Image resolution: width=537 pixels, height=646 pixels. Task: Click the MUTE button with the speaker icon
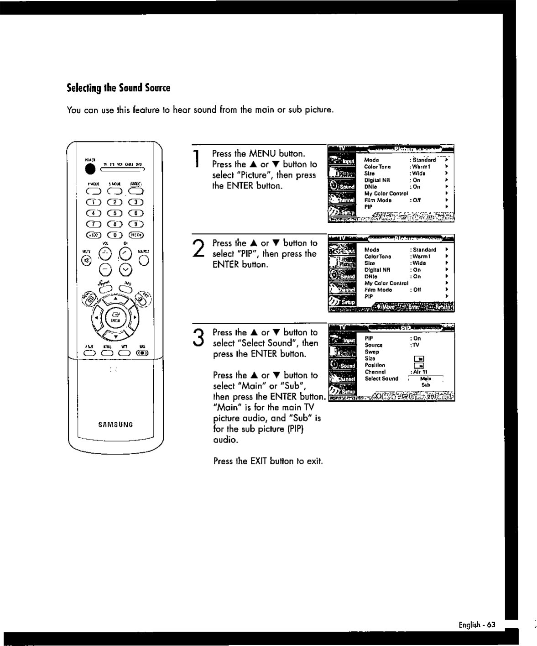(86, 261)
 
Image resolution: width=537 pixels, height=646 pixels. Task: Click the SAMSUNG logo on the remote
(115, 425)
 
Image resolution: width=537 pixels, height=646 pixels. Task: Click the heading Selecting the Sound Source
(118, 88)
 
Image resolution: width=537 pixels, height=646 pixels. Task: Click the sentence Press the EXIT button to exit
(268, 461)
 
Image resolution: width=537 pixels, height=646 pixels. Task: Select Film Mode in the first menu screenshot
(378, 200)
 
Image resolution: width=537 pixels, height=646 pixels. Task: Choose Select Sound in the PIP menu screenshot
(381, 378)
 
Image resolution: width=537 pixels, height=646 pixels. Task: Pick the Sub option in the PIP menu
(426, 385)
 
